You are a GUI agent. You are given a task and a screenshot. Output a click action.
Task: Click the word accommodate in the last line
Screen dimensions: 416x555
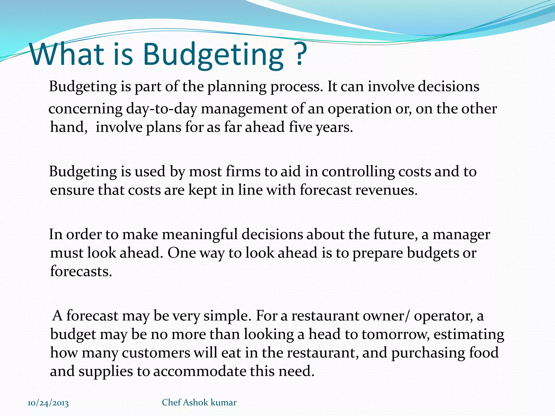[199, 371]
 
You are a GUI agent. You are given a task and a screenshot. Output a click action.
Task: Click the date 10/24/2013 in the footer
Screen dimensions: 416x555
[48, 403]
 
